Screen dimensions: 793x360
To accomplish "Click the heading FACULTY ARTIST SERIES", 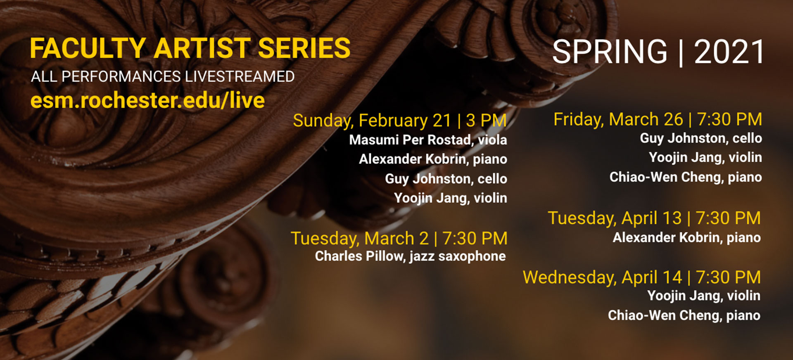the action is [190, 48].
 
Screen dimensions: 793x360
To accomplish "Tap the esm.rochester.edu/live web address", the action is [147, 100].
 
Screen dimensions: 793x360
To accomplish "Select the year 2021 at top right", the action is [729, 52].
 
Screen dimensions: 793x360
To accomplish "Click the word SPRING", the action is [610, 52].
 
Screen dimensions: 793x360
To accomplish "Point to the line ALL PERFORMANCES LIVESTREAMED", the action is [163, 76].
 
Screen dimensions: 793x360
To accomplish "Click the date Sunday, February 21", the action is [372, 121].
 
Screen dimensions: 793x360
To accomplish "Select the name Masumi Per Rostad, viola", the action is [428, 140].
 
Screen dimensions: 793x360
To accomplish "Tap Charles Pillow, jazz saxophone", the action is [410, 256].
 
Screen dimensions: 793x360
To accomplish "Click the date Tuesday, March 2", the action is [360, 239].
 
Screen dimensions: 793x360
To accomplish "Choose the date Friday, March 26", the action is [618, 120].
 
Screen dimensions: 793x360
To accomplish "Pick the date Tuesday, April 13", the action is [615, 218].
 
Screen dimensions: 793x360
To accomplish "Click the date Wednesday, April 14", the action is [603, 277].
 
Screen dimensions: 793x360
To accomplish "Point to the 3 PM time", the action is [486, 121].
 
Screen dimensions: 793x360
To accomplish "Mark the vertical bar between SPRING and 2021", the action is [681, 53].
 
